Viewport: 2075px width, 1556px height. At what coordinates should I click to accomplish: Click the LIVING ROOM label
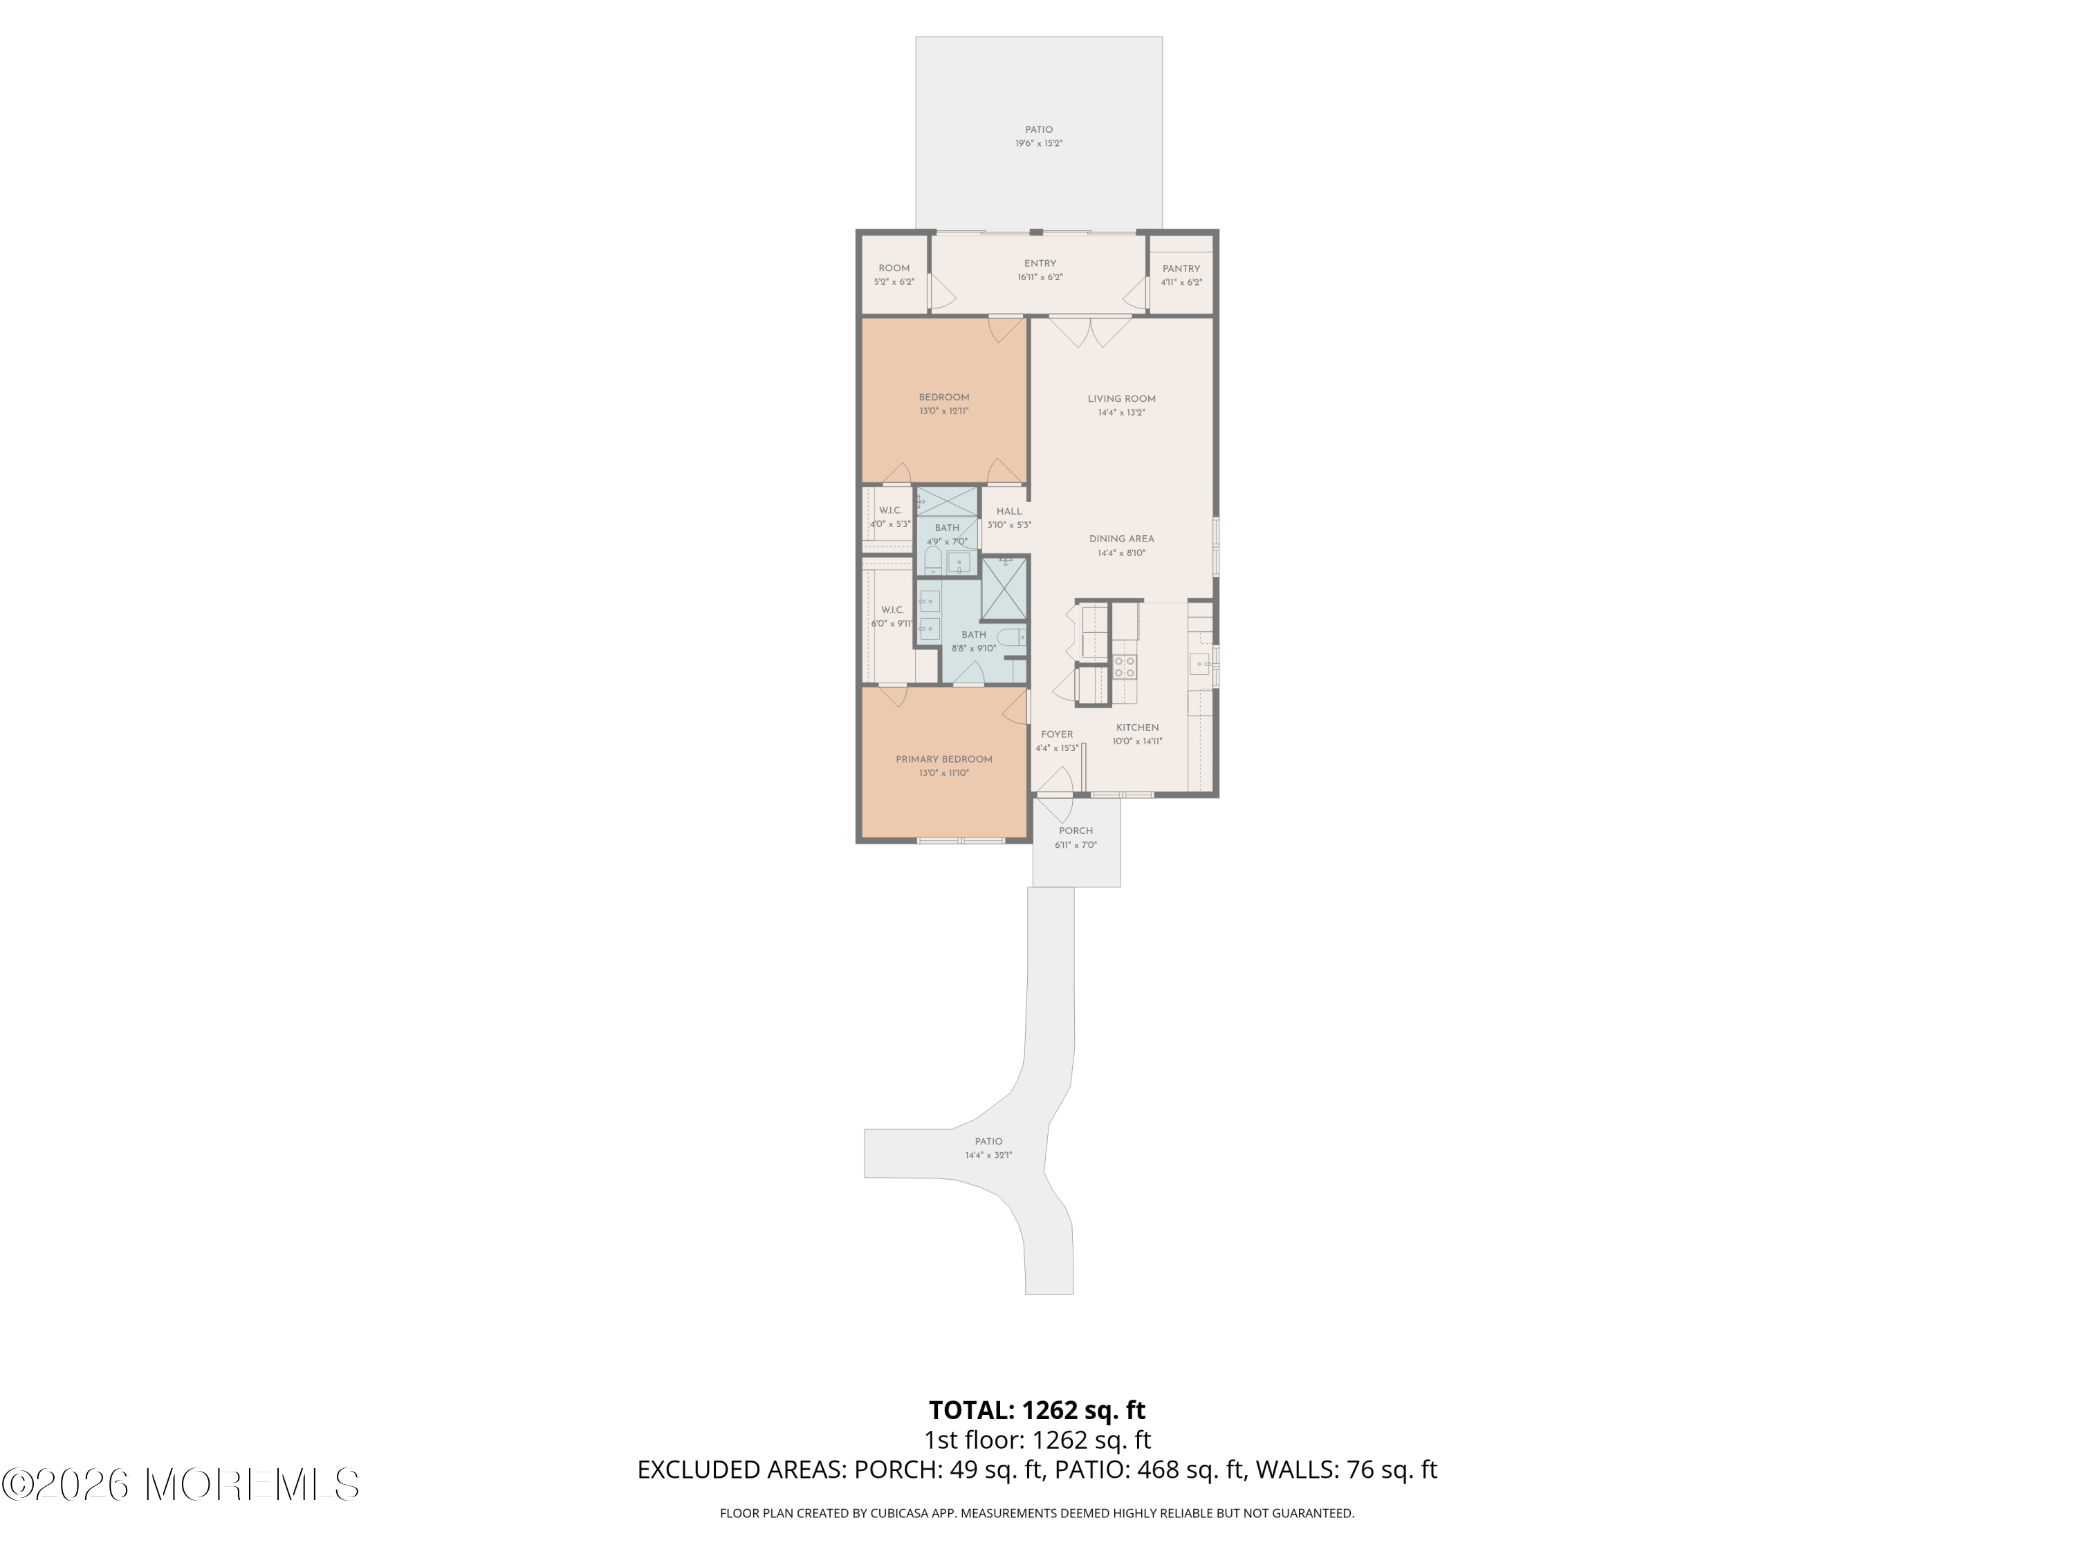(1121, 398)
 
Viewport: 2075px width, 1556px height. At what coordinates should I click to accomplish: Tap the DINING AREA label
(1121, 539)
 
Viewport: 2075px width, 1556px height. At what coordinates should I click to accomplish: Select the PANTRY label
(1181, 268)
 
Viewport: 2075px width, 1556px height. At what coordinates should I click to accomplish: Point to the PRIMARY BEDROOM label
(943, 760)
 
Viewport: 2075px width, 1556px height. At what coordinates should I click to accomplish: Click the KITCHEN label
(1137, 728)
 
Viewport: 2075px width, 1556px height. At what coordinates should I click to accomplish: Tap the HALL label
(1009, 511)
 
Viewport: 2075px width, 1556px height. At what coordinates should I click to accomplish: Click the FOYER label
(1057, 734)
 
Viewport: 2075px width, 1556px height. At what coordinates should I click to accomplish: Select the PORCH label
(1076, 831)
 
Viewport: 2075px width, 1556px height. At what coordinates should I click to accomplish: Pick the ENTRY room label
(1040, 263)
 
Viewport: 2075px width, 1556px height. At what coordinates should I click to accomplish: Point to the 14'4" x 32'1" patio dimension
(988, 1156)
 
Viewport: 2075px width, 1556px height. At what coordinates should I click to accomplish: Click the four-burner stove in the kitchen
(1125, 667)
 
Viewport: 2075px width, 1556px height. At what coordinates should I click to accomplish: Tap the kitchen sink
(1201, 665)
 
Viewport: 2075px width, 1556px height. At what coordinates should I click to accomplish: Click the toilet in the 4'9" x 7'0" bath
(932, 562)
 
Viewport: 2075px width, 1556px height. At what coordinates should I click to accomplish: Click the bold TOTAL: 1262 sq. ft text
(1037, 1409)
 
